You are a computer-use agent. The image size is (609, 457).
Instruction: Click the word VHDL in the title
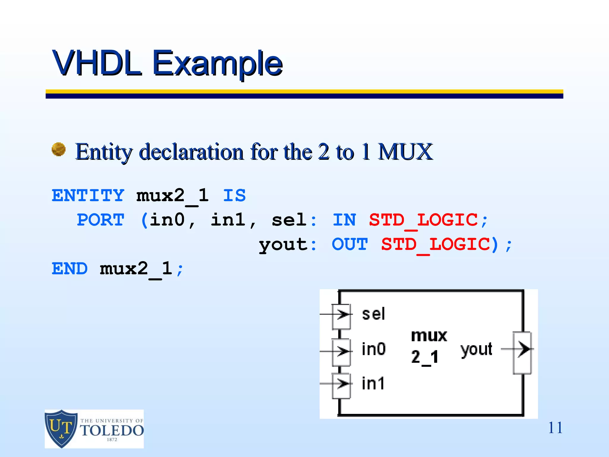click(97, 63)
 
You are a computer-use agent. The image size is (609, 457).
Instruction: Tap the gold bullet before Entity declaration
click(59, 149)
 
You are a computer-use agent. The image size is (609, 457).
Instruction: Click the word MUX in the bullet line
click(405, 152)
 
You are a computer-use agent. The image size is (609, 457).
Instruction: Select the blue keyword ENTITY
click(88, 195)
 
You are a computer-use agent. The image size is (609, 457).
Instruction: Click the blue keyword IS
click(234, 195)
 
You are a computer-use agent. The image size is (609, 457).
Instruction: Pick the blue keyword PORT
click(101, 220)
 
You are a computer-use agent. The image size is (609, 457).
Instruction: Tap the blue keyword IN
click(344, 220)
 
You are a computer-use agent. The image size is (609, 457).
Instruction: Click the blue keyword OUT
click(350, 244)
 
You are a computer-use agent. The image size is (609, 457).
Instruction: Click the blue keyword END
click(70, 269)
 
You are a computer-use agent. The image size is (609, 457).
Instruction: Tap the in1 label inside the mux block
click(373, 383)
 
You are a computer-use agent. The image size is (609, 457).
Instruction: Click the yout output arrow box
click(522, 353)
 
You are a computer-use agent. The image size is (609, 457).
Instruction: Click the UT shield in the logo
click(61, 428)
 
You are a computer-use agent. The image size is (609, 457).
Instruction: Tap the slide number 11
click(555, 428)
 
